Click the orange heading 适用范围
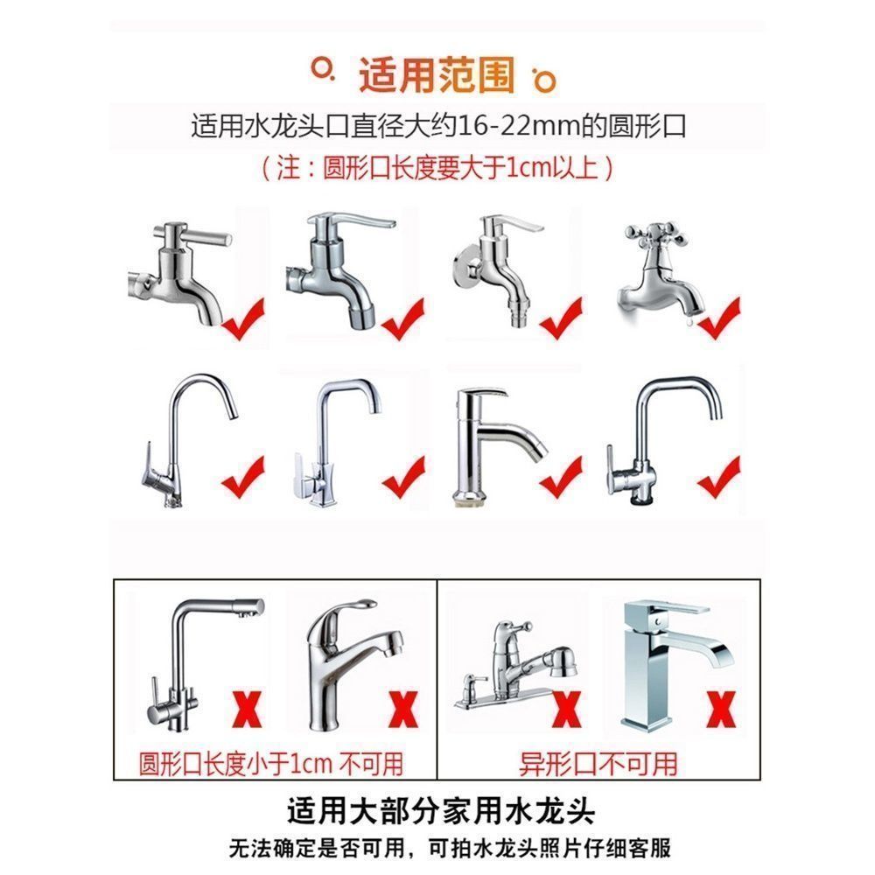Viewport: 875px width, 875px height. click(x=437, y=75)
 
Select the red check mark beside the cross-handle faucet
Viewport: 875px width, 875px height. click(x=720, y=318)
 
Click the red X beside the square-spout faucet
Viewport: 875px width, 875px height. click(x=722, y=709)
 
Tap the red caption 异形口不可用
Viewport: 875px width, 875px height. click(x=598, y=763)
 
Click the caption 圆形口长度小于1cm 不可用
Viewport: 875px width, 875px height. click(x=270, y=763)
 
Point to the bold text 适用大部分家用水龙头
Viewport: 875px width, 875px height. click(x=441, y=811)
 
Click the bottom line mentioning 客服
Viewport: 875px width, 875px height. click(x=450, y=848)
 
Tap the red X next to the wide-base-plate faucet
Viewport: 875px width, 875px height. click(x=566, y=709)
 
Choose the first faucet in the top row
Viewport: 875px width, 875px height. click(x=179, y=273)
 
